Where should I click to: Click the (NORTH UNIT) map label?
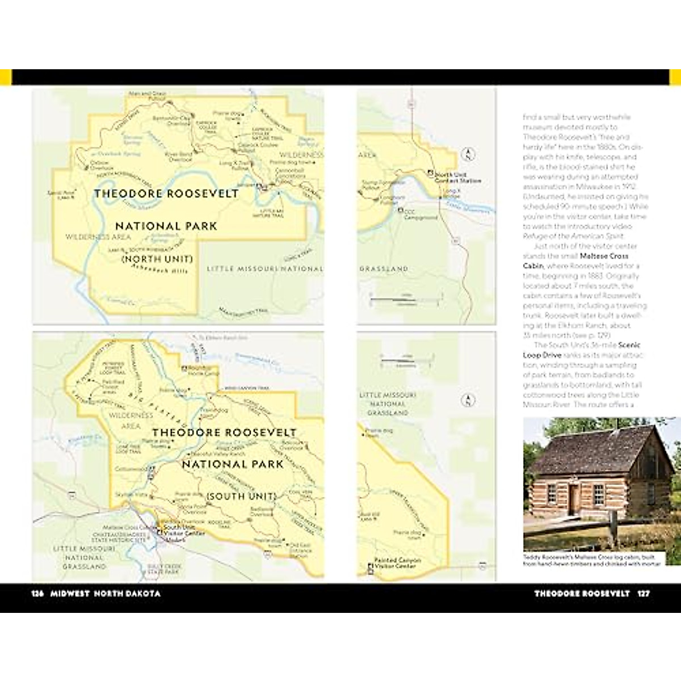tap(157, 259)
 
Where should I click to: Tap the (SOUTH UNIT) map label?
tap(241, 496)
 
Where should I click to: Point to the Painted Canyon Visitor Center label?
tap(397, 563)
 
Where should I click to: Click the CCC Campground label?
tap(421, 215)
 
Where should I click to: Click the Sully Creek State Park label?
tap(163, 569)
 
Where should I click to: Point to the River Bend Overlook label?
tap(179, 156)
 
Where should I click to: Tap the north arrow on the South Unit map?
tap(467, 400)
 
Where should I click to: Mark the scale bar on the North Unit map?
tap(406, 299)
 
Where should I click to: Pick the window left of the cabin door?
tap(551, 494)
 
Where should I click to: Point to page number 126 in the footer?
tap(37, 594)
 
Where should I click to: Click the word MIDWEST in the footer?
tap(70, 594)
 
